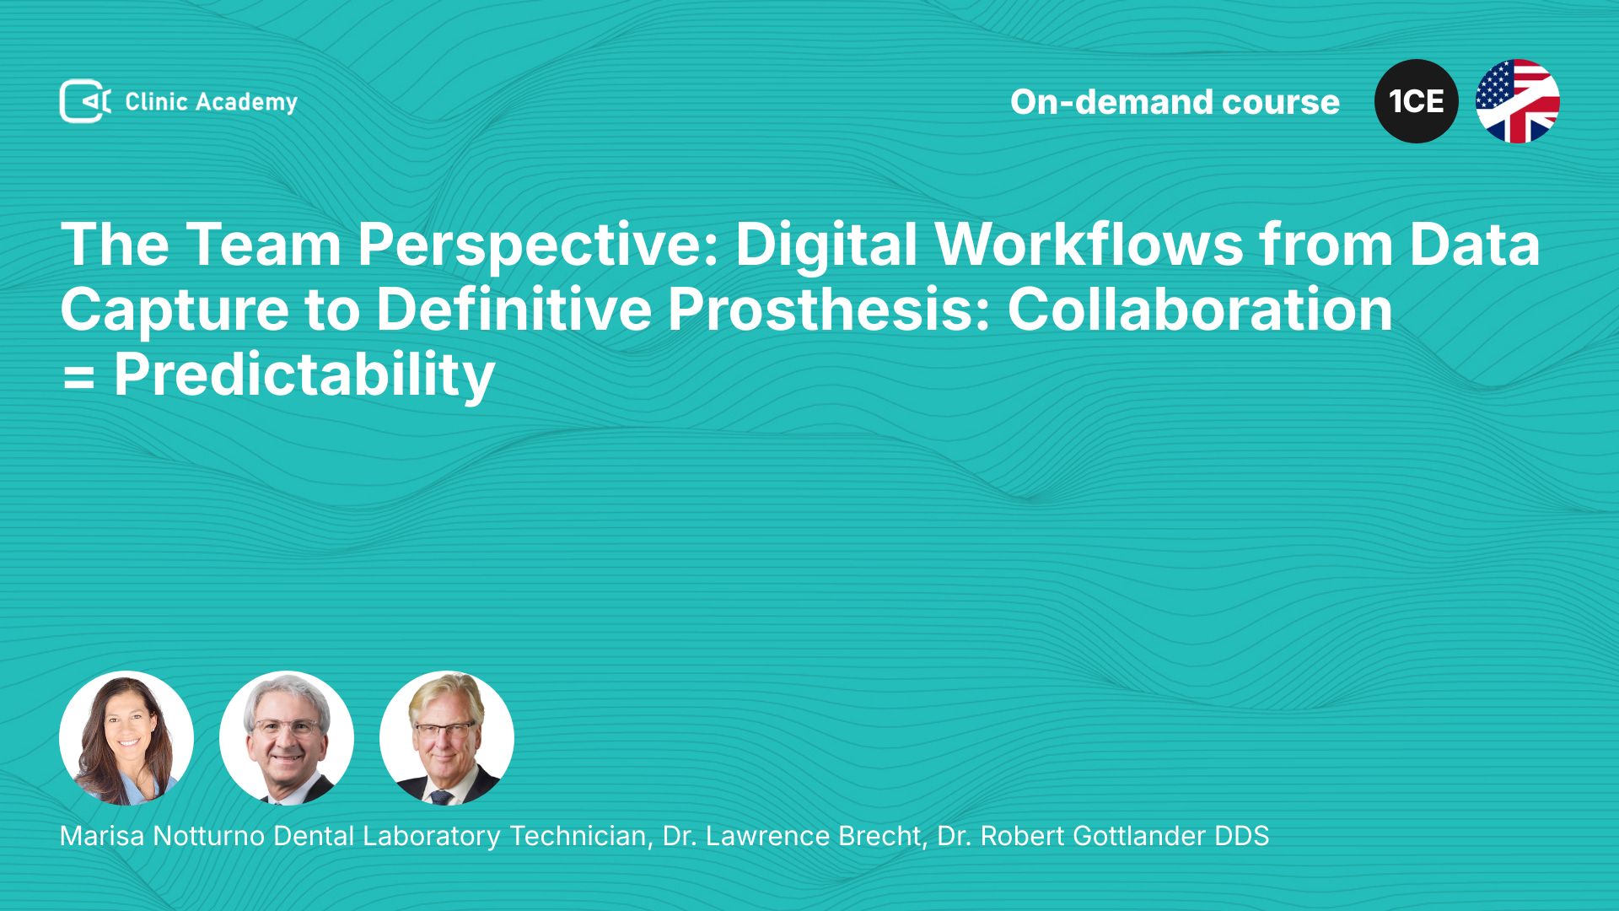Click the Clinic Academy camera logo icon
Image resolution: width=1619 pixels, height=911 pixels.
coord(85,101)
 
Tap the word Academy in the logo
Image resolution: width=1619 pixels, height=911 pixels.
coord(247,103)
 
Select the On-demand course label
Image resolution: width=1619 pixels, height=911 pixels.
coord(1175,102)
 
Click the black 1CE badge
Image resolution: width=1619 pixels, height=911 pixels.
coord(1417,101)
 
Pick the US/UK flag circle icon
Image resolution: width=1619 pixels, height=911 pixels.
coord(1518,101)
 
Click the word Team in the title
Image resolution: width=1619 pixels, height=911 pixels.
coord(263,245)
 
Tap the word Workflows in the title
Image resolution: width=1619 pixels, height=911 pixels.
coord(1089,245)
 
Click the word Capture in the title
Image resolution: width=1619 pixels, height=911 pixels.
coord(175,310)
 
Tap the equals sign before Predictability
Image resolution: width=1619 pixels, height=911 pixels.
coord(78,377)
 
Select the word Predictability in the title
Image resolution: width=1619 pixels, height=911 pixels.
coord(304,376)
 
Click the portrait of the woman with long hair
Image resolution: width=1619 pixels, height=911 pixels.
coord(126,738)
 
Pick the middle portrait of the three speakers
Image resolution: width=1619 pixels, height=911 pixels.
coord(287,738)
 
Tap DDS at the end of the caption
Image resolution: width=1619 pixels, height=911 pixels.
coord(1241,836)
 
